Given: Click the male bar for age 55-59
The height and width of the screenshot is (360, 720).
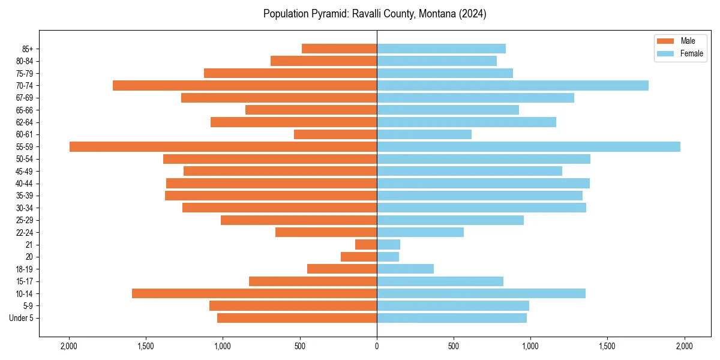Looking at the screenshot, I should click(x=223, y=146).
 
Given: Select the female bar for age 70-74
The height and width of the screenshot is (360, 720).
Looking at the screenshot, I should click(x=512, y=85).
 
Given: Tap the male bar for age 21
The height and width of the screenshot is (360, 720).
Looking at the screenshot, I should click(x=366, y=244).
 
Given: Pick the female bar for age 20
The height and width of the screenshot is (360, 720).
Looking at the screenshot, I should click(x=388, y=257).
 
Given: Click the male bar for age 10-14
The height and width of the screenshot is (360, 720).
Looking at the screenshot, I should click(x=254, y=293).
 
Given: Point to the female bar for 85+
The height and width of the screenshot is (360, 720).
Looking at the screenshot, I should click(x=441, y=49).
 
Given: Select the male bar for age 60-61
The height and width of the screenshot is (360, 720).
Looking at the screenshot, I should click(x=335, y=134).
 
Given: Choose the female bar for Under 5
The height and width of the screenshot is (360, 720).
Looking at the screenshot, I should click(x=452, y=318).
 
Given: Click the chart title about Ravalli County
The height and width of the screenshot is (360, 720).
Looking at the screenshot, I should click(x=374, y=14).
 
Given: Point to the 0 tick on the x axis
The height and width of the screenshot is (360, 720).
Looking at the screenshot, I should click(x=377, y=346).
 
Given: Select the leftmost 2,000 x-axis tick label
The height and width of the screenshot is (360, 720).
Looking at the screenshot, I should click(x=69, y=346).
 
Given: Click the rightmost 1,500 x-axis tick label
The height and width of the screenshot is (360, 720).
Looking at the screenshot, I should click(x=607, y=346).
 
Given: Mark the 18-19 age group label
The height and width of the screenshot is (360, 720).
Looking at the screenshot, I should click(x=24, y=269).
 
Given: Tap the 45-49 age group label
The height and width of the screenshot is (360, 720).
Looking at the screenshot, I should click(x=24, y=172).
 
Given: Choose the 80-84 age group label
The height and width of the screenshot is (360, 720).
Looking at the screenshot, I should click(x=24, y=61).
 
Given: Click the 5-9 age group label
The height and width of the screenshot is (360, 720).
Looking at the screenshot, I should click(x=28, y=306).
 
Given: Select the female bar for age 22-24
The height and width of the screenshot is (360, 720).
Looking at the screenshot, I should click(x=420, y=232).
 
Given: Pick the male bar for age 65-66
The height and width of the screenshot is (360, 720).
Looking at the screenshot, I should click(x=311, y=110).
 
